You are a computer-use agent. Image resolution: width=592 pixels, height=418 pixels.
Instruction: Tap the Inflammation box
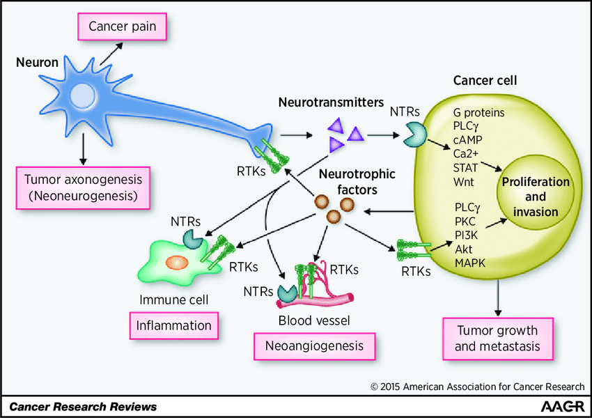coord(173,325)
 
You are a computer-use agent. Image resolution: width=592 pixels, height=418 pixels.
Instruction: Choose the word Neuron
coord(37,62)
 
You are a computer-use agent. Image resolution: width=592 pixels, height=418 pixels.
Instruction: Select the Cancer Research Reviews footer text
coord(83,406)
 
